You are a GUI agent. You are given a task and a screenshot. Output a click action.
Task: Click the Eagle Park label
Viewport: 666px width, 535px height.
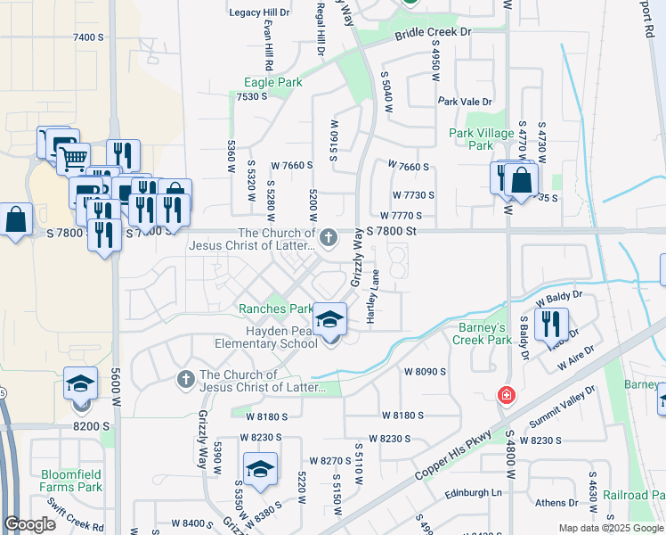click(x=272, y=83)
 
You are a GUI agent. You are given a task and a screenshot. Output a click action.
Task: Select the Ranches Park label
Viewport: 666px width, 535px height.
click(x=275, y=309)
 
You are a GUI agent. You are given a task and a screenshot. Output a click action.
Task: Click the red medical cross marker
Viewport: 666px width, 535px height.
click(x=506, y=395)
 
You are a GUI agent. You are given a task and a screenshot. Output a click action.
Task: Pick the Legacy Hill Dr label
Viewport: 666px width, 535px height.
click(x=261, y=12)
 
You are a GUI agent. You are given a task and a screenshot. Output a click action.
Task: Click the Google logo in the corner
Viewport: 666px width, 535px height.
click(x=30, y=524)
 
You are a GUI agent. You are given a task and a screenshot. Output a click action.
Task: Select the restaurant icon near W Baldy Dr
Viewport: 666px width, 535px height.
click(x=555, y=323)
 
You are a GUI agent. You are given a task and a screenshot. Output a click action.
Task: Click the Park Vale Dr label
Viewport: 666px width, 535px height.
click(x=465, y=103)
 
